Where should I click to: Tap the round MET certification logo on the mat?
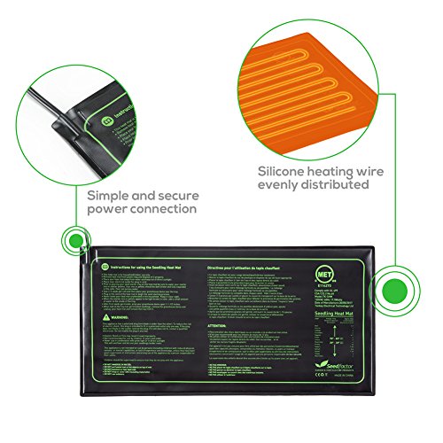pyautogui.click(x=328, y=266)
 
